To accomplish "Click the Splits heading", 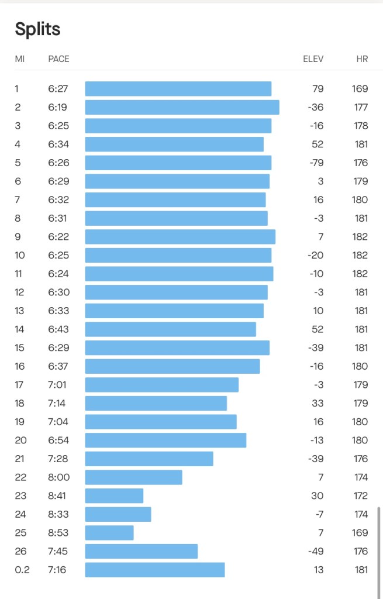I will [37, 29].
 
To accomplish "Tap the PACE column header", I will [58, 59].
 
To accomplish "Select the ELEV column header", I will [313, 59].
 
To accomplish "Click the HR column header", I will [362, 59].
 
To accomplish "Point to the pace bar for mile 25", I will [109, 533].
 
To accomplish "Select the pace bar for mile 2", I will [182, 107].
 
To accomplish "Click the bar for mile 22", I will [133, 477].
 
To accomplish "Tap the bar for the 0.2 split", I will [155, 570].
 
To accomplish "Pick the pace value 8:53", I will [58, 533].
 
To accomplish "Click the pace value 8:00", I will [58, 477].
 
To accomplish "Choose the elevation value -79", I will [316, 163].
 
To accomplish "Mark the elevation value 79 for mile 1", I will [318, 89].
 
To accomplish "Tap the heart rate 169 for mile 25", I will [361, 533].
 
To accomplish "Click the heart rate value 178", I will [361, 126].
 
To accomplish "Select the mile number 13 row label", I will [20, 311].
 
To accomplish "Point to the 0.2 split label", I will [22, 570].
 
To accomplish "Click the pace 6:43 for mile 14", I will [58, 329].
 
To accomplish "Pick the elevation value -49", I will [316, 551].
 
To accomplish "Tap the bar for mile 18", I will [156, 403].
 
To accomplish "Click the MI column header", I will [20, 59].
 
